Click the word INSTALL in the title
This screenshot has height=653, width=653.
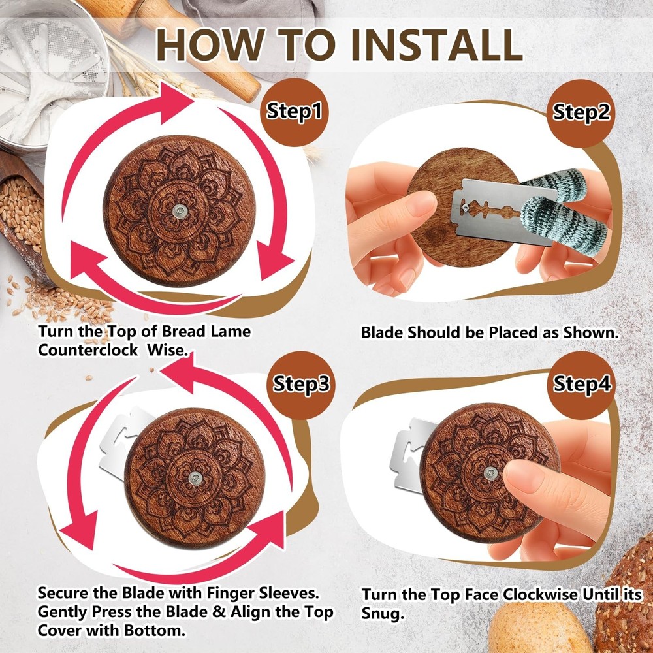coord(437,44)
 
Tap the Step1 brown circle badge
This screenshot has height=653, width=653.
coord(295,112)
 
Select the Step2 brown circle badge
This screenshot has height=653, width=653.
coord(581,113)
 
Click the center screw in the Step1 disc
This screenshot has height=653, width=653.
coord(180,211)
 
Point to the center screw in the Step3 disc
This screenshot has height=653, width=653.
coord(195,478)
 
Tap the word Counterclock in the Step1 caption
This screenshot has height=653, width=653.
coord(88,350)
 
